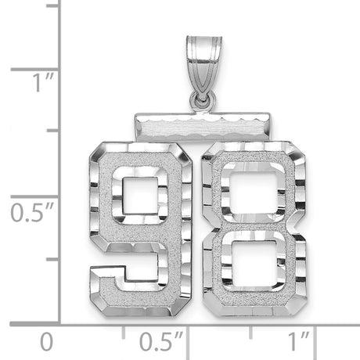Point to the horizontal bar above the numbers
[x=196, y=124]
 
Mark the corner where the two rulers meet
[x=61, y=322]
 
